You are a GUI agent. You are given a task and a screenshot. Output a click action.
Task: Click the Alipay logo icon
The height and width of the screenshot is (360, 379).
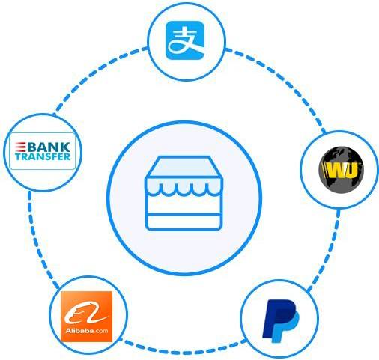tap(185, 40)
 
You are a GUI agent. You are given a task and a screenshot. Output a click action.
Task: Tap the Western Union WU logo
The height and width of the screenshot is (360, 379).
tap(342, 170)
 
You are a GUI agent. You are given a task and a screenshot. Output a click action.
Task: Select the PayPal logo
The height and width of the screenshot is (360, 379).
tap(281, 321)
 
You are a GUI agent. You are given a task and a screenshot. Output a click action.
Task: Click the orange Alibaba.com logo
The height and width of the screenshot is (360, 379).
tap(86, 316)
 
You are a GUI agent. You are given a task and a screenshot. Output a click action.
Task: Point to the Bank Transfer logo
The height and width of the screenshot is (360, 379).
tap(42, 151)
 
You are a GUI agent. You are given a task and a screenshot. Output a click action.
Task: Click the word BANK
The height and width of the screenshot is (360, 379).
tap(49, 147)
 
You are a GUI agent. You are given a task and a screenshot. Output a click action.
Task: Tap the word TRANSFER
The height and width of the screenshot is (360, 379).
tap(43, 156)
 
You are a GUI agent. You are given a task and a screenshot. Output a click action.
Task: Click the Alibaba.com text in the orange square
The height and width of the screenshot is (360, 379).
tap(86, 331)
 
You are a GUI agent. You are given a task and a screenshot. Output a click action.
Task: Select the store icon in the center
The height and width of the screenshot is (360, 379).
tap(184, 193)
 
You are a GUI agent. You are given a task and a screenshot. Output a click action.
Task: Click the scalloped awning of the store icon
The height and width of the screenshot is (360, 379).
tap(184, 186)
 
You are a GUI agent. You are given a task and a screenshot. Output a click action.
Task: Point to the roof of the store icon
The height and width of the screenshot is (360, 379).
tap(184, 167)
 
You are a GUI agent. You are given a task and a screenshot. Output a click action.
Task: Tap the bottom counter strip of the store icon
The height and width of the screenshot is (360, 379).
tap(184, 222)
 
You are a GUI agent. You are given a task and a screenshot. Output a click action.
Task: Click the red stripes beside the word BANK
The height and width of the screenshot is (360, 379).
tap(20, 147)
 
